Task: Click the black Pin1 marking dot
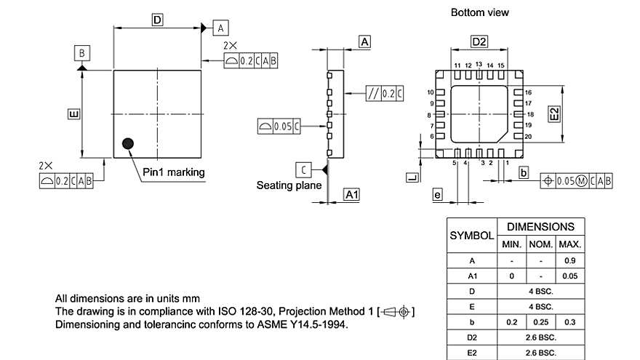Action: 129,143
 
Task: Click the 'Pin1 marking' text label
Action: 173,172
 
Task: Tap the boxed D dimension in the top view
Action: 157,20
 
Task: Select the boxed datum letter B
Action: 82,53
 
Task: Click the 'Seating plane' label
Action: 289,185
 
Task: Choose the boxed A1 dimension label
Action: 351,195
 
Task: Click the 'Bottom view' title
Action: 479,12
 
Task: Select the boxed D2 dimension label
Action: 479,41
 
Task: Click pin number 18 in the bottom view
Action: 530,115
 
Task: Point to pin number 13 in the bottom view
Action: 479,65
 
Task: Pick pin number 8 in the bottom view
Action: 431,115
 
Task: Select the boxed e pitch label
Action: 437,194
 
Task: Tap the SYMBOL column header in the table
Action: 471,236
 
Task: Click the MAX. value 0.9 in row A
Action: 570,260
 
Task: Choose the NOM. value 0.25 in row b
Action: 540,321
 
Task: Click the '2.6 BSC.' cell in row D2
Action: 540,337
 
